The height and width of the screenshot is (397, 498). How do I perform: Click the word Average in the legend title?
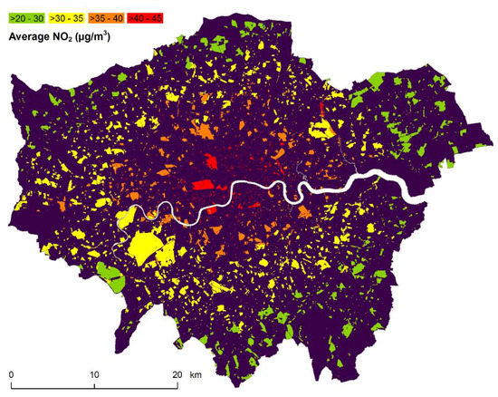tap(34, 37)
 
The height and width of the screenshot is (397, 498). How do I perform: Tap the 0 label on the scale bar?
tap(11, 373)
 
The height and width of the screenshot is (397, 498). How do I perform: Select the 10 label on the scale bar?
tap(94, 373)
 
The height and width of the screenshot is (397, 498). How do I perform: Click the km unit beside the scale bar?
tap(195, 373)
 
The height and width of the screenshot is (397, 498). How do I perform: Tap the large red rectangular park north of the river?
tap(203, 187)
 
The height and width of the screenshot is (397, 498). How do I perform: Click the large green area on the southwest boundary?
tap(110, 276)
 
